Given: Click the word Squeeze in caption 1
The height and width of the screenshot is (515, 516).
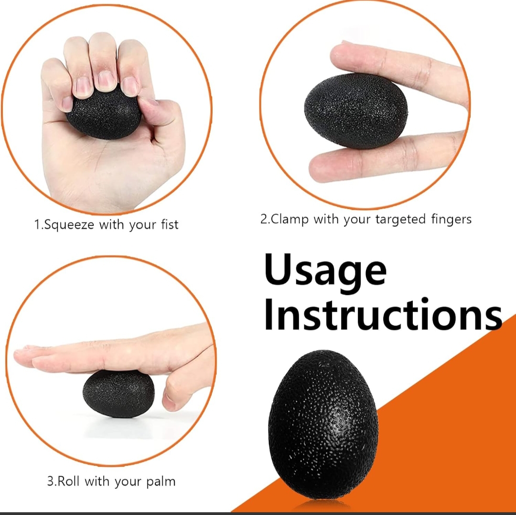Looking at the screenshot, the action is click(69, 225).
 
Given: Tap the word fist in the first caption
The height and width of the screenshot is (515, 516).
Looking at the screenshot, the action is click(170, 224).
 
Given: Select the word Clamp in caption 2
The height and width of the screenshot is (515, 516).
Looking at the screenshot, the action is click(290, 219).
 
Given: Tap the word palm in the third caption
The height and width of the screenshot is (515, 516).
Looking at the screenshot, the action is click(161, 482).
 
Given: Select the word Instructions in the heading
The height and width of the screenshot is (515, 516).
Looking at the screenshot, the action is click(383, 313).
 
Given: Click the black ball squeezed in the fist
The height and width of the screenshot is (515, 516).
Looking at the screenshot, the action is click(105, 114).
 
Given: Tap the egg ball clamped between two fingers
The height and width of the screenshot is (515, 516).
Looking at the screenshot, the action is click(356, 110).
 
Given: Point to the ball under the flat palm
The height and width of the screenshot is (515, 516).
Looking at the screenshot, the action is click(118, 394).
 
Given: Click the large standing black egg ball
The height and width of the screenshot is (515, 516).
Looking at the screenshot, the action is click(323, 425).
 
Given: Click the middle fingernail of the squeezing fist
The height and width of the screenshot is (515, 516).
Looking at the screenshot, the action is click(106, 81).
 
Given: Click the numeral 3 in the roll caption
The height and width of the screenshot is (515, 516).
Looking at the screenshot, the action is click(51, 482).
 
